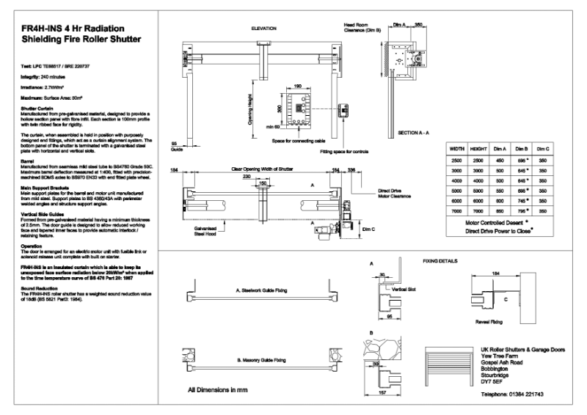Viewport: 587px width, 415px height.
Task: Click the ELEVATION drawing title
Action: [x=263, y=29]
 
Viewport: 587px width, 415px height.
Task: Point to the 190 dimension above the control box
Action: [x=299, y=86]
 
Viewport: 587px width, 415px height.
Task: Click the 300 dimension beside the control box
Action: [x=280, y=108]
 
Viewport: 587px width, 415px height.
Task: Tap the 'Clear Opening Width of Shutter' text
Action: [x=261, y=169]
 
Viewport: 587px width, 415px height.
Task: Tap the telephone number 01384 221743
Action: [x=512, y=394]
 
